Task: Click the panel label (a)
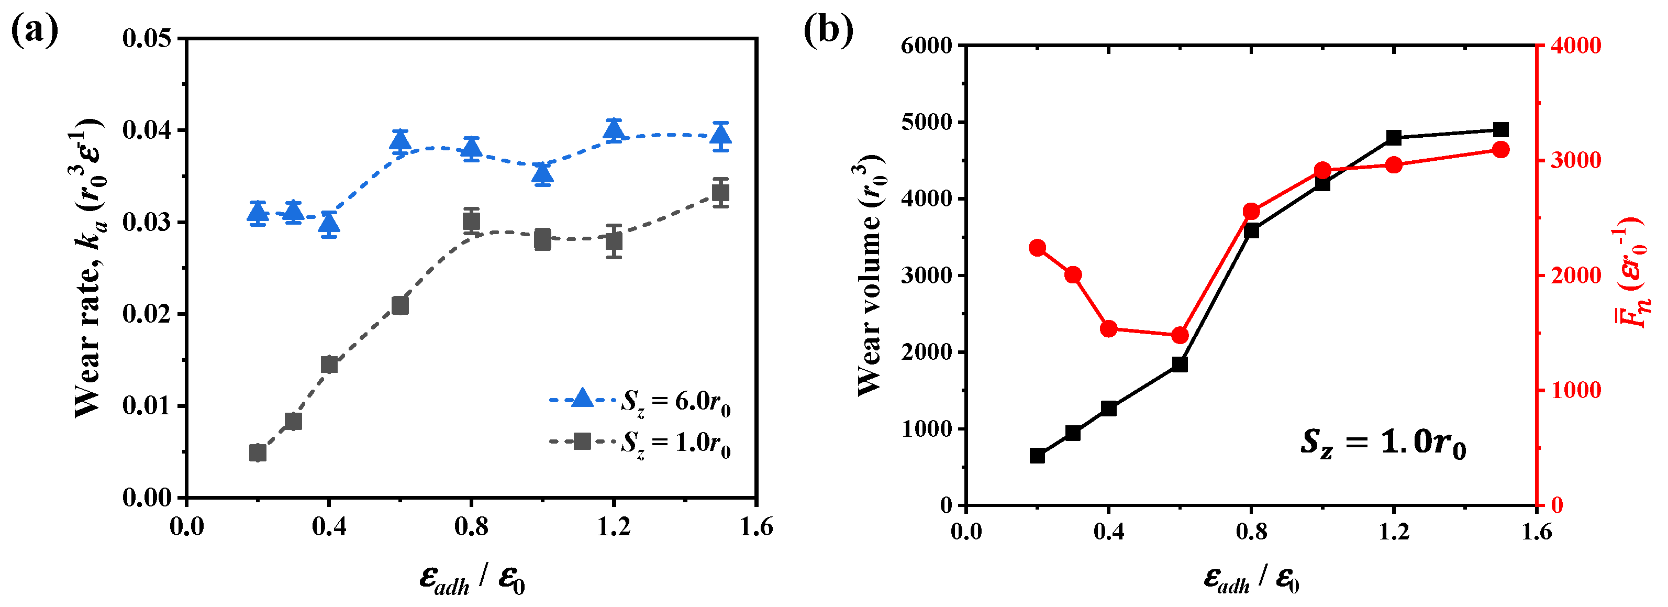pyautogui.click(x=35, y=30)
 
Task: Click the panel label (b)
pyautogui.click(x=828, y=30)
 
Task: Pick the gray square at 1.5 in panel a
pyautogui.click(x=721, y=192)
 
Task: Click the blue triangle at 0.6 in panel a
pyautogui.click(x=400, y=140)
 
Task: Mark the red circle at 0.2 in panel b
pyautogui.click(x=1037, y=248)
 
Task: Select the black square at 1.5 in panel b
pyautogui.click(x=1501, y=129)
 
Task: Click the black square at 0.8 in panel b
pyautogui.click(x=1251, y=230)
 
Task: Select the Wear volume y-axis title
pyautogui.click(x=871, y=275)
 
